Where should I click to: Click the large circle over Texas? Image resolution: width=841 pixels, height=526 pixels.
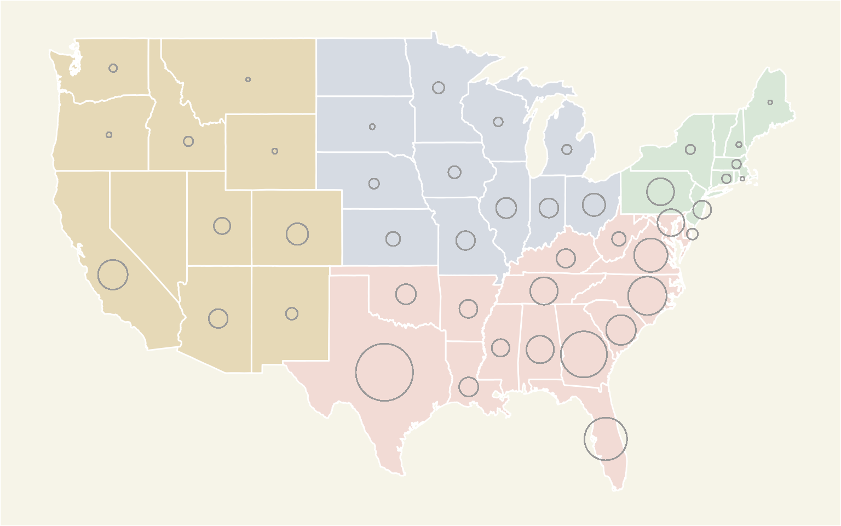pos(384,372)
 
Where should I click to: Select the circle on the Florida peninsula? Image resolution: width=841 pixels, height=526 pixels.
pos(606,439)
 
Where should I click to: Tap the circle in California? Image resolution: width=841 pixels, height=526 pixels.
pos(113,275)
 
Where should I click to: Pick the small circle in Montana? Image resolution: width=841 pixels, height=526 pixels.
pos(248,79)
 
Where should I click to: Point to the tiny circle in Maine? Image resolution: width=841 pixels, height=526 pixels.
pos(770,102)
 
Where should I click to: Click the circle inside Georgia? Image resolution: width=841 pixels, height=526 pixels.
pos(584,354)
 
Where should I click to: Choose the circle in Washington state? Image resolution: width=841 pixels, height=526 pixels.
pos(113,68)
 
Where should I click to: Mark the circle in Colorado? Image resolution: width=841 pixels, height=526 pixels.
pos(297,234)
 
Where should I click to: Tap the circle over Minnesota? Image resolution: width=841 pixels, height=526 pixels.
pos(438,88)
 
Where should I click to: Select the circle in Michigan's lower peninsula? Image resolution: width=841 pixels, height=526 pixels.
pos(567,150)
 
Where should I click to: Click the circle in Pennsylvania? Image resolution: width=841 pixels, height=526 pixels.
pos(660,192)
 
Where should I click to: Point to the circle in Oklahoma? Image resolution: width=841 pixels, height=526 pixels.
pos(406,294)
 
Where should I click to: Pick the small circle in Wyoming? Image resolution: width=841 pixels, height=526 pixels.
pos(275,151)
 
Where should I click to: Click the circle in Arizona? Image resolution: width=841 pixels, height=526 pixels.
pos(218,318)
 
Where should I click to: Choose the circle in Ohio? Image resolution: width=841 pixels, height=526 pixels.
pos(594,204)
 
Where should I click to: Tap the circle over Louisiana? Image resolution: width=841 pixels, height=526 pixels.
pos(468,387)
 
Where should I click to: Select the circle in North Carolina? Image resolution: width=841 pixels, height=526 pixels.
pos(647,296)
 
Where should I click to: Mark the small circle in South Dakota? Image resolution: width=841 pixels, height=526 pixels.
pos(372,127)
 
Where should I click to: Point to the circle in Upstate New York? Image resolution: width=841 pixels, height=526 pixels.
pos(690,150)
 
